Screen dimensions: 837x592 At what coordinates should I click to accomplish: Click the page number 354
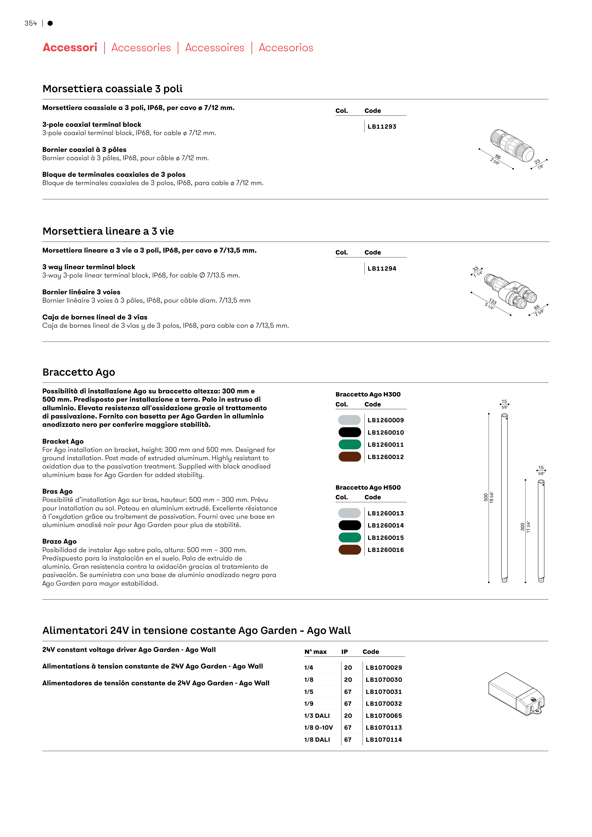pos(31,23)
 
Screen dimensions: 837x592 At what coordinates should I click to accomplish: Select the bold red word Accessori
pos(70,47)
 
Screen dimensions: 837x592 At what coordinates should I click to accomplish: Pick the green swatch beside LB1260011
pos(349,444)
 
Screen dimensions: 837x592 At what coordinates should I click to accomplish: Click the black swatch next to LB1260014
pos(349,525)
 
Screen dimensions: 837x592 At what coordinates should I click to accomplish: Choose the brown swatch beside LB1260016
pos(349,550)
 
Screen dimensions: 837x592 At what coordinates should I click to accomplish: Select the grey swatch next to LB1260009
pos(349,420)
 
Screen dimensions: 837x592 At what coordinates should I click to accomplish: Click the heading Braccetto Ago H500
pos(368,487)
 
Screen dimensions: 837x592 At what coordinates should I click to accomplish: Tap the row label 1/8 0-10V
pos(318,728)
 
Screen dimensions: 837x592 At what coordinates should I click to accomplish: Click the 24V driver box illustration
pos(516,694)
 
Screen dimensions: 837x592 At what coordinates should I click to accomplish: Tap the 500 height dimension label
pos(486,497)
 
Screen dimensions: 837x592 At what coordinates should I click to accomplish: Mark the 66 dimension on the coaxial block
pos(498,157)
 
